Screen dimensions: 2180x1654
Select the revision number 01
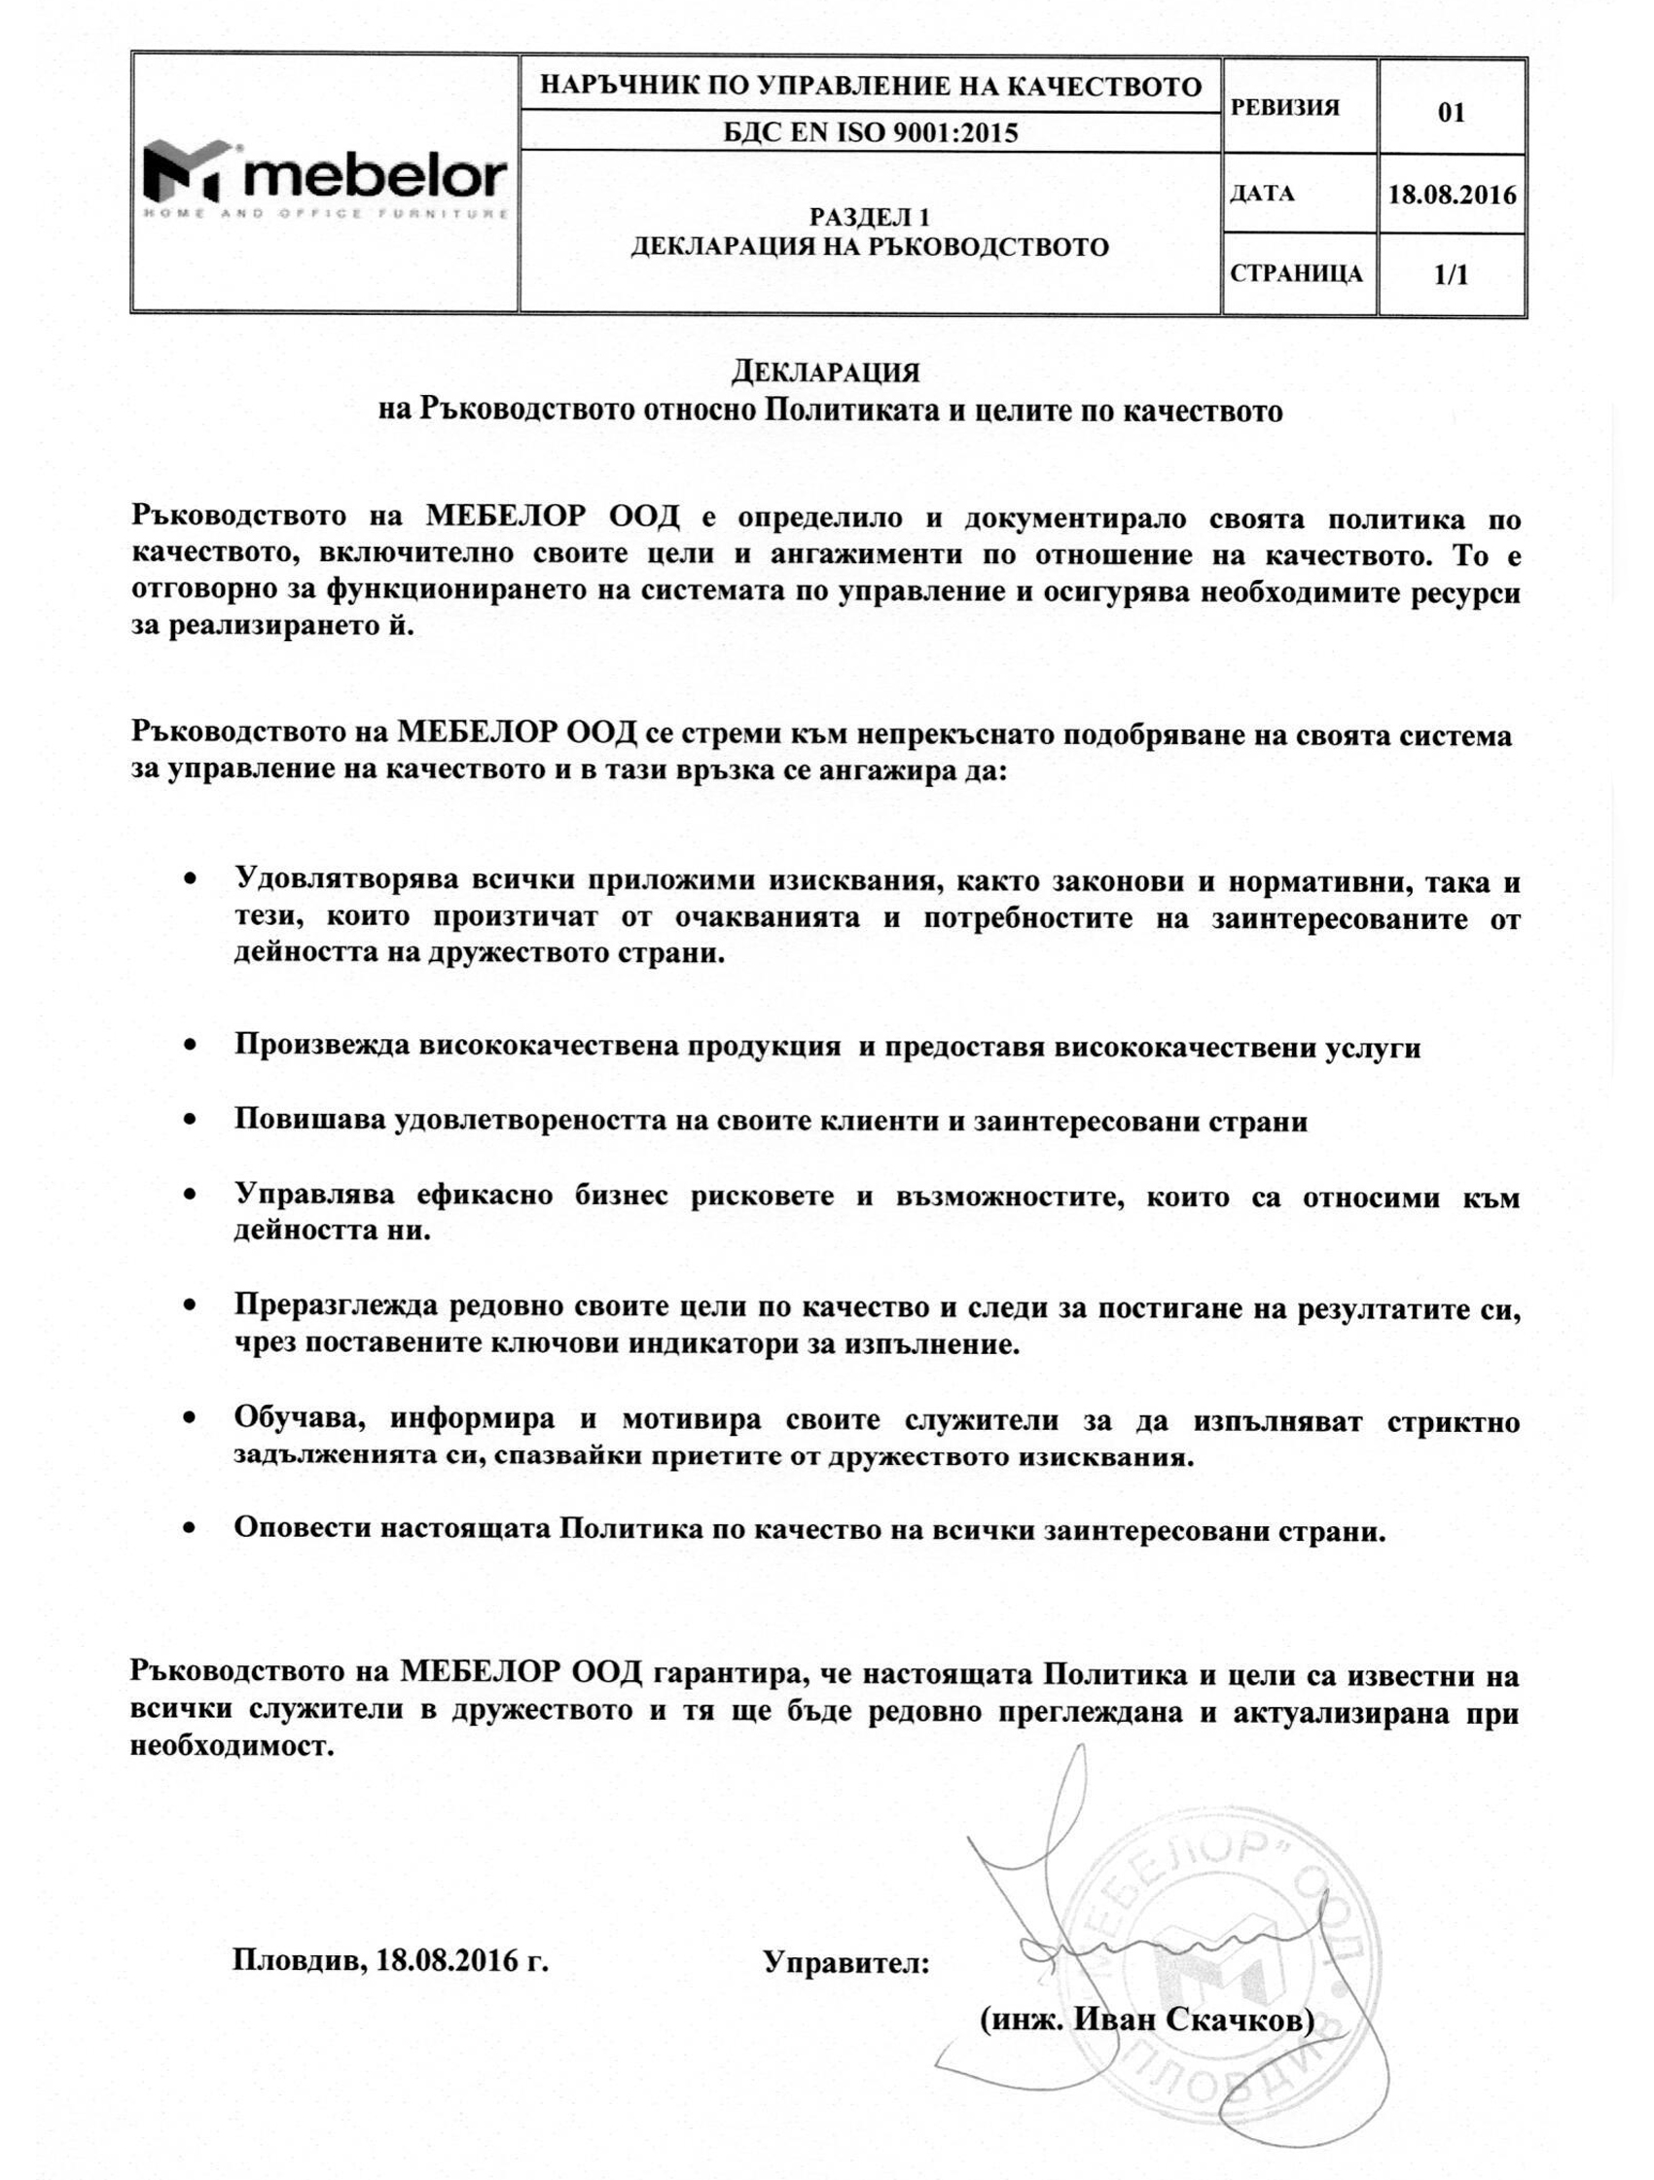(x=1451, y=112)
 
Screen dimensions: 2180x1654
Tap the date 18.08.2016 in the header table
(x=1452, y=195)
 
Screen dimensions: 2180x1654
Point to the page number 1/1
(x=1451, y=275)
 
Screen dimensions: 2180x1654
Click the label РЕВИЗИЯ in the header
(x=1285, y=108)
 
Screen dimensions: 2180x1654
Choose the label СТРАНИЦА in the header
(x=1296, y=274)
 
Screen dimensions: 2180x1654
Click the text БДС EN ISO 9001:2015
(x=871, y=133)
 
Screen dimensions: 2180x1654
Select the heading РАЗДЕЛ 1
(x=870, y=217)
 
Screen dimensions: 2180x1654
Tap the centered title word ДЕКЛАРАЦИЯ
(x=826, y=373)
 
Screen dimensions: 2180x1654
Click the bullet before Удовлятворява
(x=190, y=878)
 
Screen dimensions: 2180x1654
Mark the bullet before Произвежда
(x=190, y=1045)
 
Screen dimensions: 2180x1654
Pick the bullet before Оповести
(x=190, y=1528)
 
